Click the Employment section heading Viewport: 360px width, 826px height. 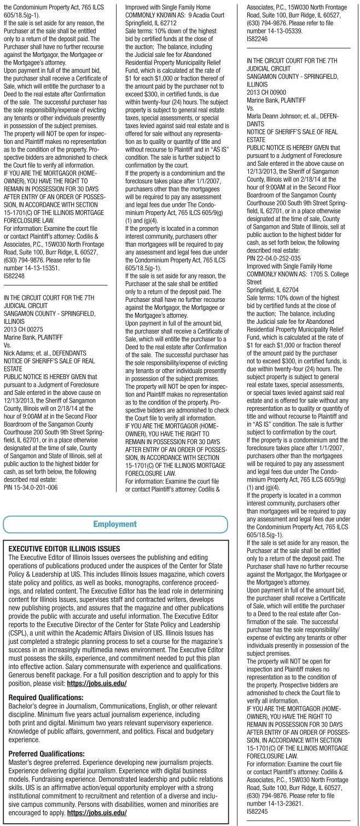click(115, 524)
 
